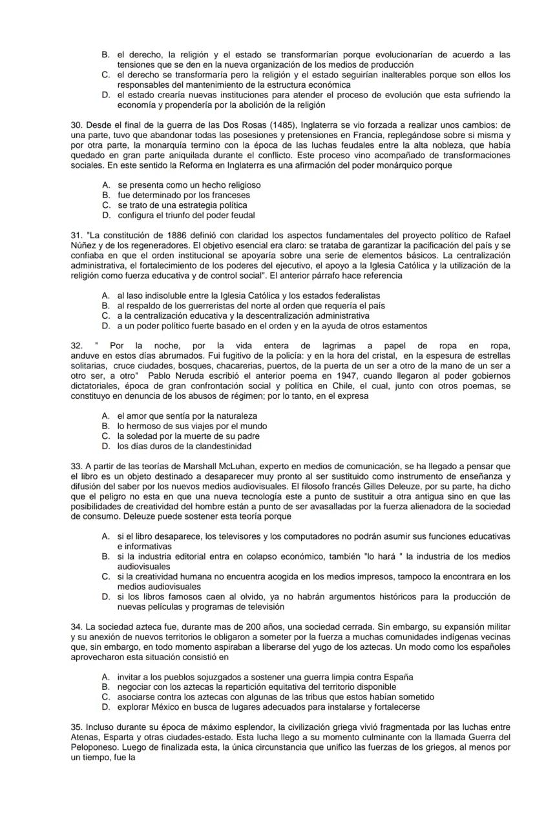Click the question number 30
[76, 125]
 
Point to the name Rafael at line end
[496, 235]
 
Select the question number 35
[76, 727]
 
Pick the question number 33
[76, 466]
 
